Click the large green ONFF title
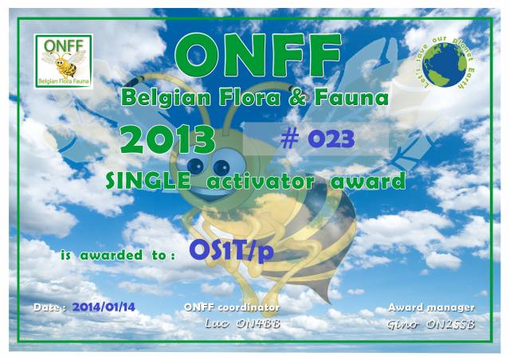point(258,56)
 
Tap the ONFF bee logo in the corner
point(64,61)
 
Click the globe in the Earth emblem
point(445,65)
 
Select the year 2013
point(167,139)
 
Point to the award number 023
point(331,139)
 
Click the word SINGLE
point(148,181)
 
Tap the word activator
point(261,181)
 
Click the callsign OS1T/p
point(232,251)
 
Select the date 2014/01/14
point(104,307)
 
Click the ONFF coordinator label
point(232,307)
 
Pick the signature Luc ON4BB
point(242,323)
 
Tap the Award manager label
point(431,307)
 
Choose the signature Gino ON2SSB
point(431,324)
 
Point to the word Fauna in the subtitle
point(351,98)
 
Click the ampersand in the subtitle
point(297,98)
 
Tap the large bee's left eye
point(195,165)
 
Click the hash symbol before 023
point(289,139)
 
